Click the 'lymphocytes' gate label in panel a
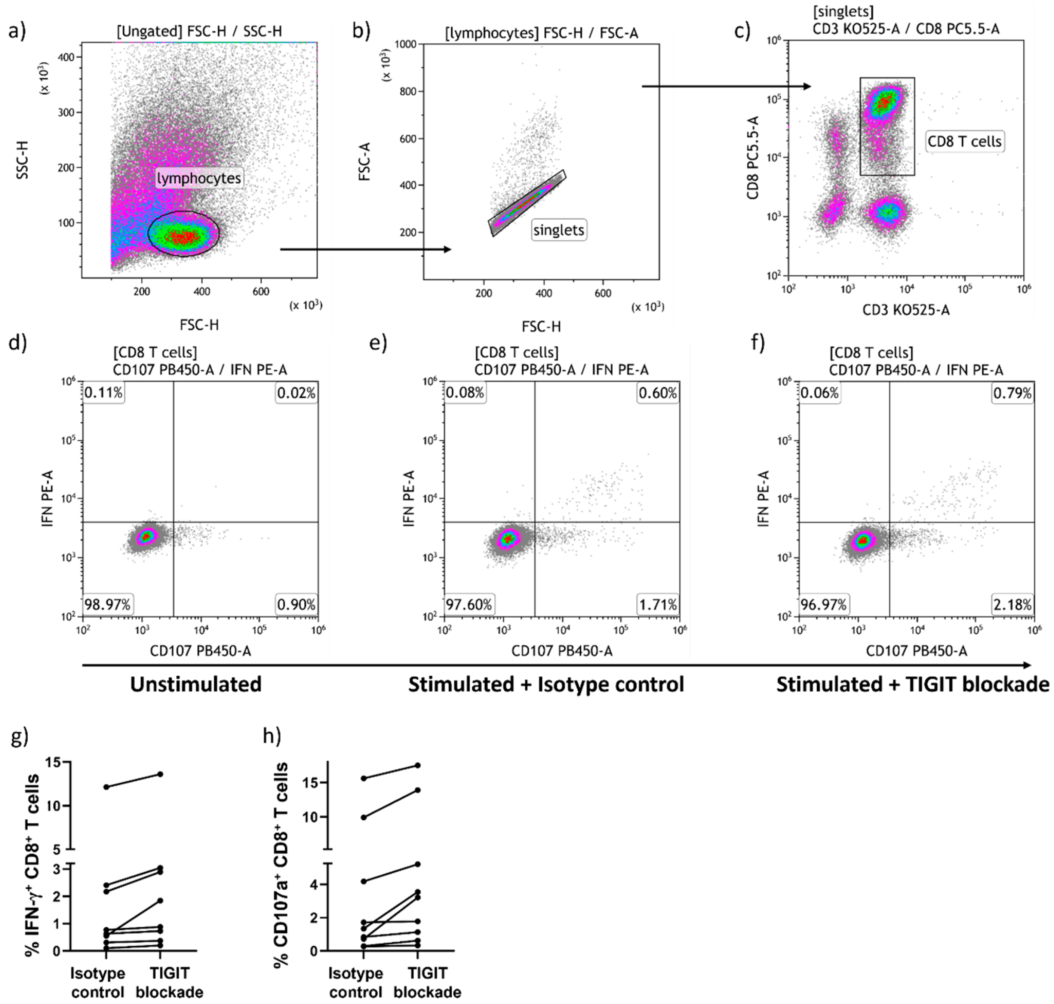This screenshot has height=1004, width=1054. tap(199, 178)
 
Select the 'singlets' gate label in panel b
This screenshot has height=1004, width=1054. tap(559, 230)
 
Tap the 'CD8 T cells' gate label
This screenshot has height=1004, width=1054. tap(964, 141)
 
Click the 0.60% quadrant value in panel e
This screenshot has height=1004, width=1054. tap(658, 394)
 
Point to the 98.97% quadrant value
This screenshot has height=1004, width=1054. tap(108, 605)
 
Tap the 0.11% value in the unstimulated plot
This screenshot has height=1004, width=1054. tap(103, 394)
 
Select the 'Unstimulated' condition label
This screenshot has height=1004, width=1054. tap(196, 685)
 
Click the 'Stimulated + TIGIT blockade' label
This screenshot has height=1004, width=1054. tap(913, 685)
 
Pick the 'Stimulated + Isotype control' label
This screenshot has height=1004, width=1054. tap(546, 685)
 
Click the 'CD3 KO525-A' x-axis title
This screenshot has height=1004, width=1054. tap(906, 310)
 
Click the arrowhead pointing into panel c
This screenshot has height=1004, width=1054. tap(807, 86)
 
